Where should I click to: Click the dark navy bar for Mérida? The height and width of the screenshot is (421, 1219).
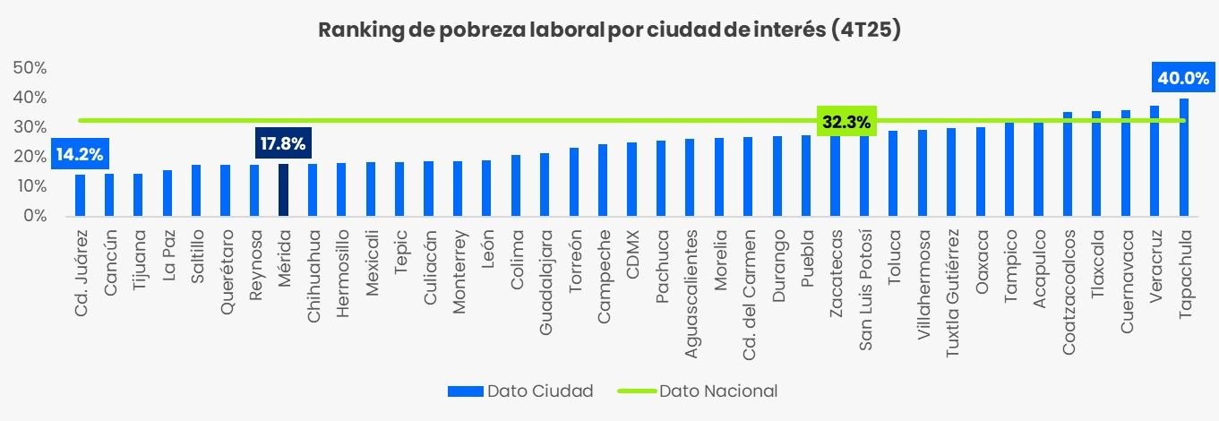point(283,190)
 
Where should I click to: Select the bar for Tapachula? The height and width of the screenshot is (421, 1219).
point(1184,158)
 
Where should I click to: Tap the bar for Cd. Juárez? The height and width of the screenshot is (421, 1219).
point(80,195)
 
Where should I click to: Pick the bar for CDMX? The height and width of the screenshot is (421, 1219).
point(631,179)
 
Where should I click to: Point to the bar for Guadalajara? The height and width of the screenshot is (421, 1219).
point(545,185)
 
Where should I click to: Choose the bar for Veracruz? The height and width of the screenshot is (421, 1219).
point(1155,161)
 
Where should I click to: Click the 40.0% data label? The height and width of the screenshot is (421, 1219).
point(1183,79)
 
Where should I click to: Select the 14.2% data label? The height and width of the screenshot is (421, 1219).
point(79,154)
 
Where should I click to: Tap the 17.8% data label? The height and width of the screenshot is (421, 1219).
point(283,142)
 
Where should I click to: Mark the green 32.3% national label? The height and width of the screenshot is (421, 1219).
point(846,122)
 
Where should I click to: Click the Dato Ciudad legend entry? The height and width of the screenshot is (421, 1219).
point(519,391)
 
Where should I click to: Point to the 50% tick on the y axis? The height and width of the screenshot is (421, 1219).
point(30,68)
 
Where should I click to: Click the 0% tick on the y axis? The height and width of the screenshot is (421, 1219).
point(35,216)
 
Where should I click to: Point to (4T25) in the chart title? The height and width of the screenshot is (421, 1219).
point(865,30)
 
